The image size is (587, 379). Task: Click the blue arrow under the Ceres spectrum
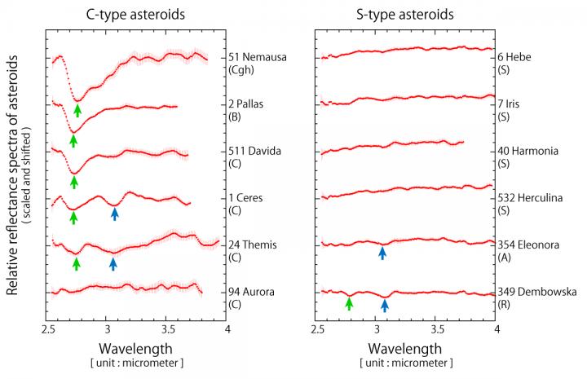[115, 214]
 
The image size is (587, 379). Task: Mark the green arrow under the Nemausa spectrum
[77, 110]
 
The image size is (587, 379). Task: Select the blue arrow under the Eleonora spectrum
[382, 253]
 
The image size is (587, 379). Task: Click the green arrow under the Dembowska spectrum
[349, 303]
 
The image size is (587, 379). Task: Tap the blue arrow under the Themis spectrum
[113, 262]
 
